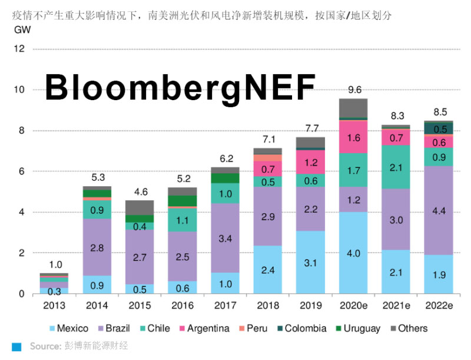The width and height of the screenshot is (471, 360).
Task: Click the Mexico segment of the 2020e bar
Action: [353, 253]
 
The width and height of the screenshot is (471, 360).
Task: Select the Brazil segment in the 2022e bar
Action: [438, 210]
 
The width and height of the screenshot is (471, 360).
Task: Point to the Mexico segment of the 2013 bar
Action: [54, 290]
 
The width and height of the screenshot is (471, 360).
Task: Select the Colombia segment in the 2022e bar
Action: [438, 128]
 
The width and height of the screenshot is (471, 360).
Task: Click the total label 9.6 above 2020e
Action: [354, 90]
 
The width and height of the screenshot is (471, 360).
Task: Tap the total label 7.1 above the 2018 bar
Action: [268, 139]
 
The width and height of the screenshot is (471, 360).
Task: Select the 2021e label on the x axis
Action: [396, 305]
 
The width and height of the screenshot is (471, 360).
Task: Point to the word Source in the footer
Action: [45, 346]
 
